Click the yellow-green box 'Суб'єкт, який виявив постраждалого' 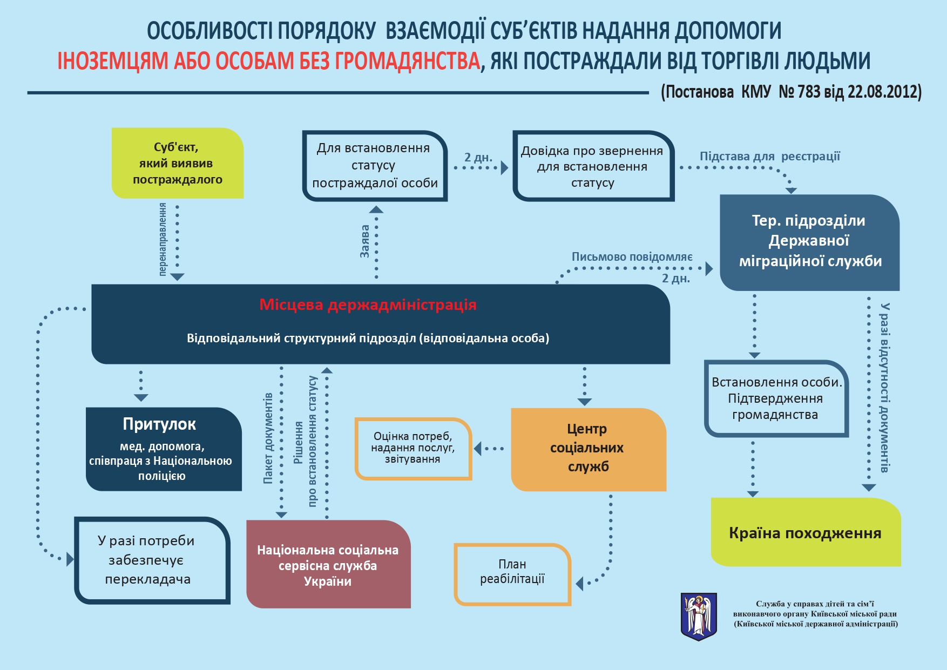tap(177, 163)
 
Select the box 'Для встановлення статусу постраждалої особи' tap(375, 166)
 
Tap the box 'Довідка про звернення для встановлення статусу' tap(593, 166)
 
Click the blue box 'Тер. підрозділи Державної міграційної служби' tap(809, 241)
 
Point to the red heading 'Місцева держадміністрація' tap(368, 304)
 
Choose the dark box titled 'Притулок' tap(163, 449)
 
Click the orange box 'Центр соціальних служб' tap(588, 449)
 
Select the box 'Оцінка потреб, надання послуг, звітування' tap(413, 448)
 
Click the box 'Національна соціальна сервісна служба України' tap(328, 565)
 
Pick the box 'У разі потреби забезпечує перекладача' tap(151, 560)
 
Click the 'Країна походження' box tap(805, 533)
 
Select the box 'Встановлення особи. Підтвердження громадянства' tap(776, 398)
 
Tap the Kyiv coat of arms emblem tap(699, 616)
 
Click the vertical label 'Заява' tap(365, 241)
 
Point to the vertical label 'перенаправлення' tap(163, 239)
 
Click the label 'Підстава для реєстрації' tap(770, 157)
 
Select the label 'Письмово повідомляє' tap(632, 257)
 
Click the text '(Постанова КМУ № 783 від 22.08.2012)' tap(791, 92)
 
